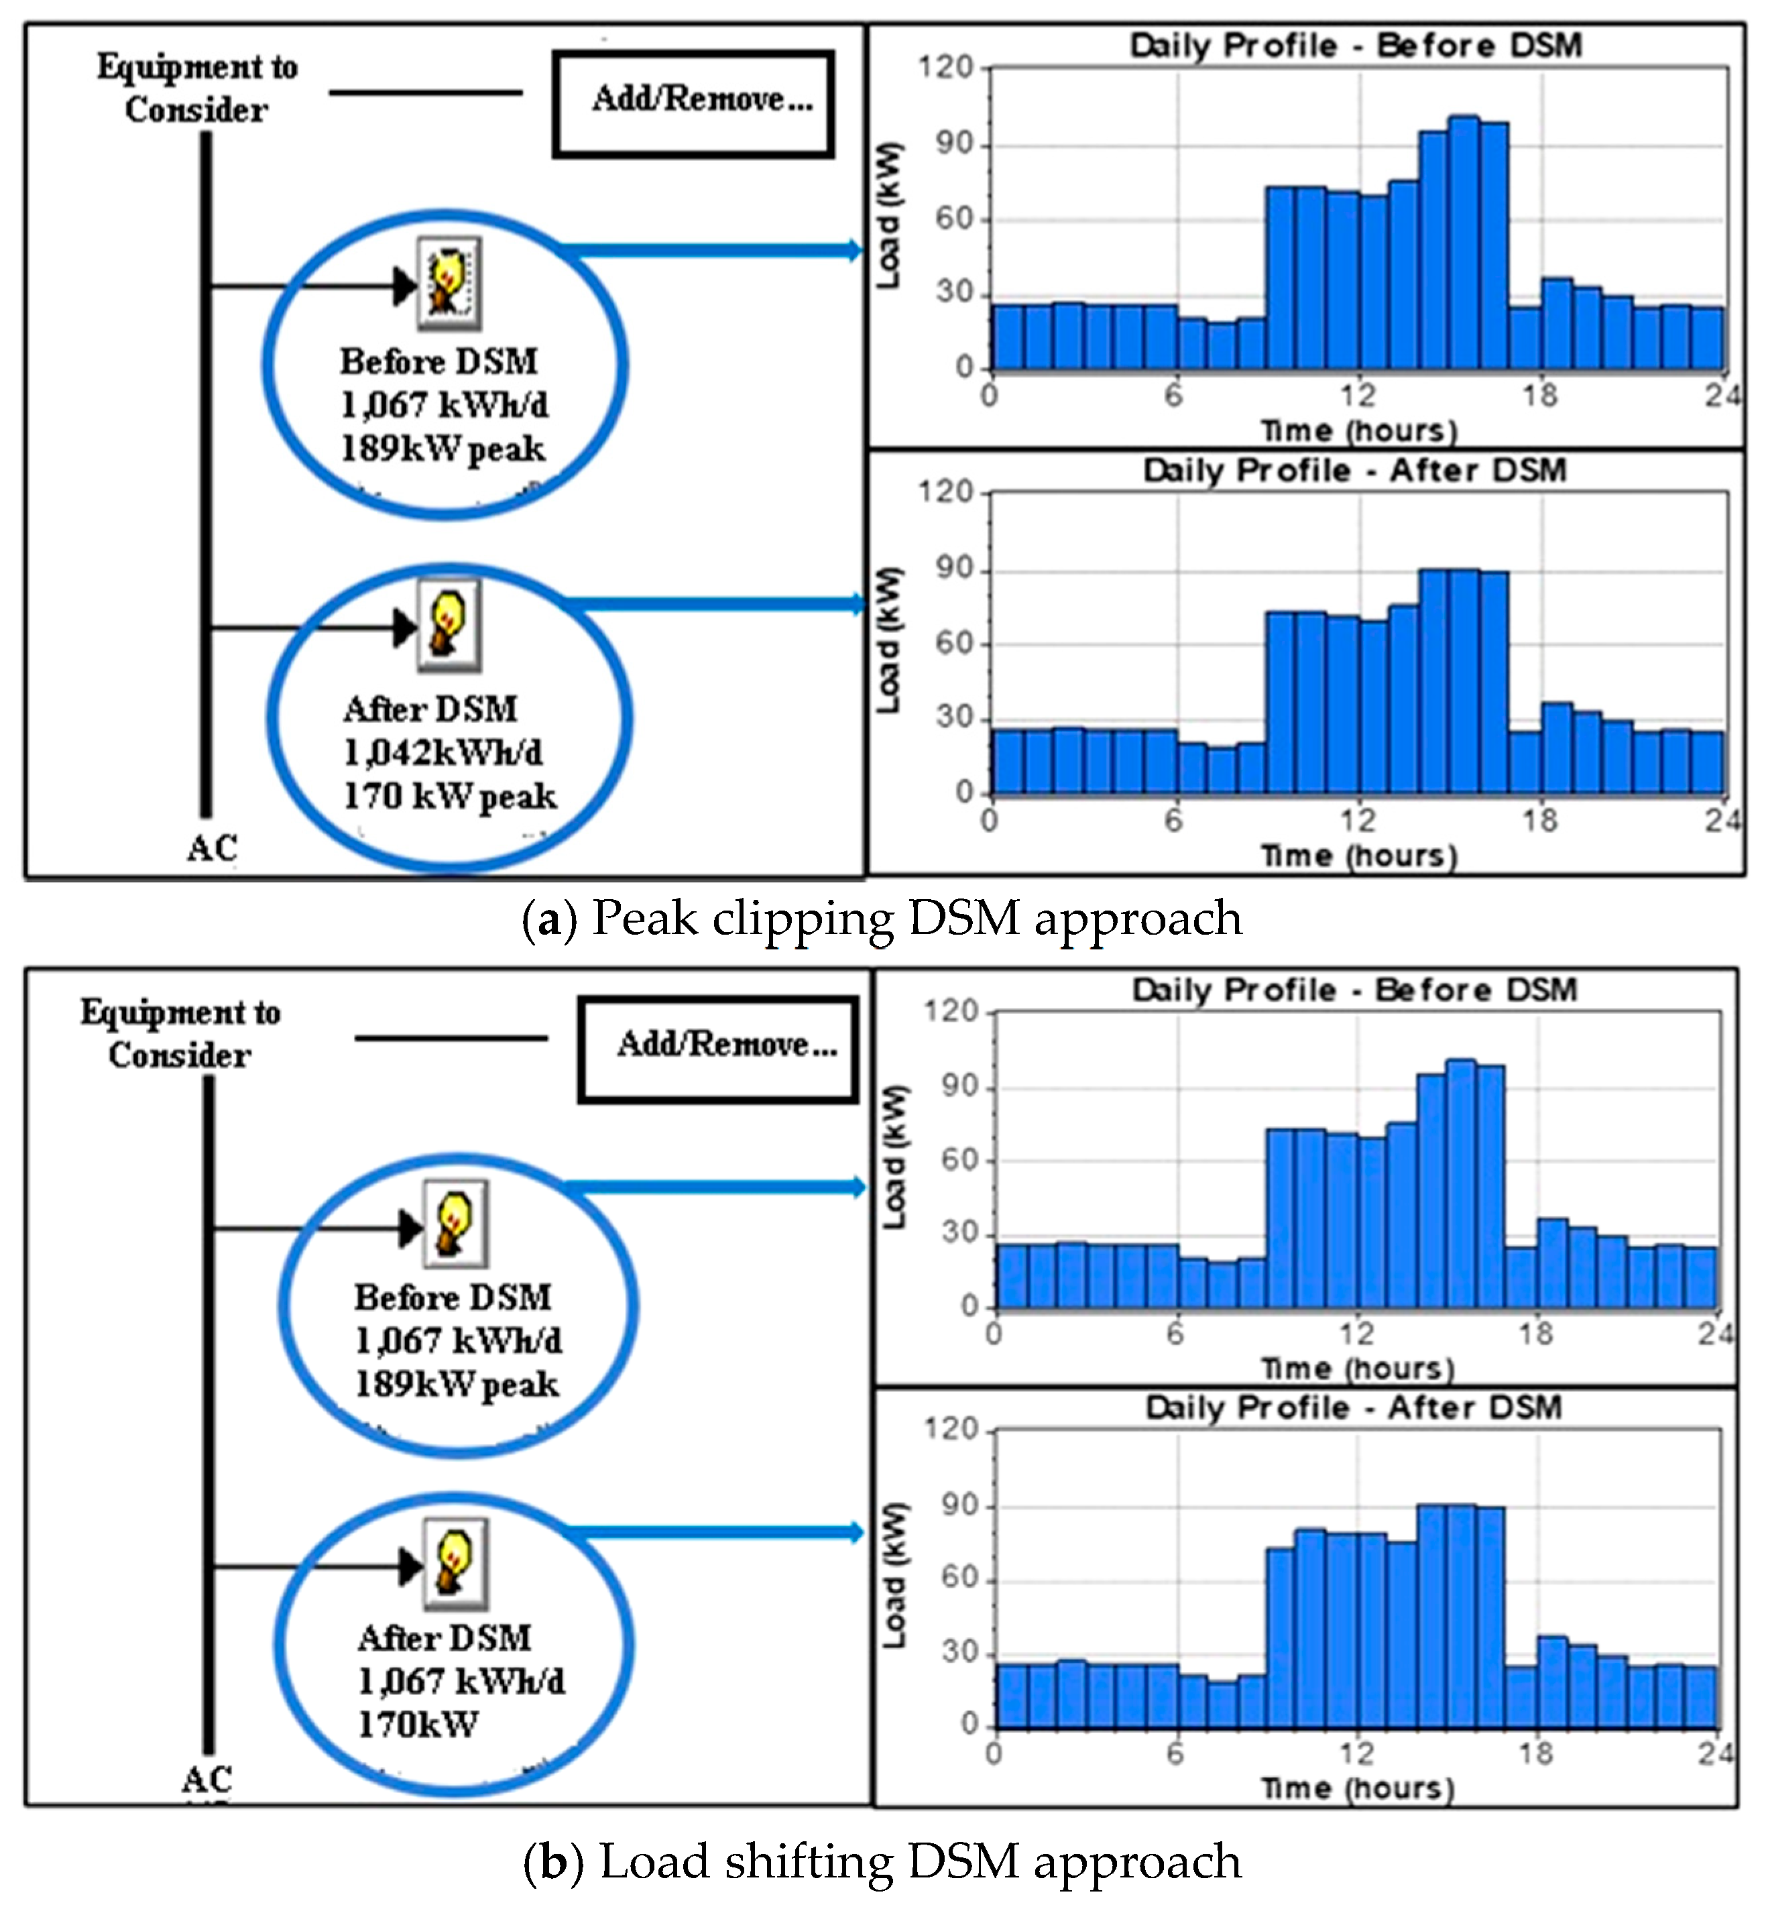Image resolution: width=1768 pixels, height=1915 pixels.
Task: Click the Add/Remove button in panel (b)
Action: click(719, 1049)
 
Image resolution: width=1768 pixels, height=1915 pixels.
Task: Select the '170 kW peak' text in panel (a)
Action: click(450, 797)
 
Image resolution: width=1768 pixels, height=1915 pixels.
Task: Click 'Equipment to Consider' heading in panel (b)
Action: click(180, 1033)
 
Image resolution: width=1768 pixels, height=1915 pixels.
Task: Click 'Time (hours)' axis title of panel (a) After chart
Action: click(1358, 854)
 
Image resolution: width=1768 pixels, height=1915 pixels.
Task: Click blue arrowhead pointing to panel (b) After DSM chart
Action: click(856, 1532)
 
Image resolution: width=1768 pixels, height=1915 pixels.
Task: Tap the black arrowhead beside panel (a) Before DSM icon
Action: click(406, 285)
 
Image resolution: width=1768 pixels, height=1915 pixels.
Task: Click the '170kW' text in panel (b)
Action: click(417, 1725)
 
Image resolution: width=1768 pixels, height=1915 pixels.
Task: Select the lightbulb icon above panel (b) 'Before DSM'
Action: click(455, 1224)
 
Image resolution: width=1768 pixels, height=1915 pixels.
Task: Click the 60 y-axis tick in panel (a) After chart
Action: click(954, 644)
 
